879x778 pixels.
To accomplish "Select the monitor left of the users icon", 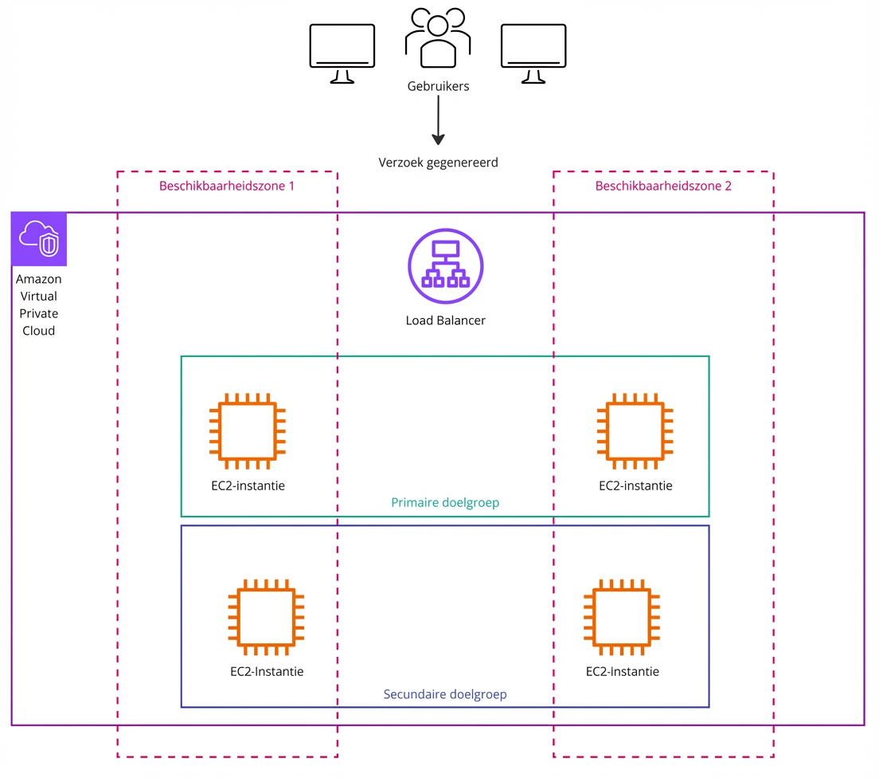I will pos(342,53).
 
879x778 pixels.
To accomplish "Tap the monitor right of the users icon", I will pos(533,53).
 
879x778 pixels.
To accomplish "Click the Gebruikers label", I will pos(437,86).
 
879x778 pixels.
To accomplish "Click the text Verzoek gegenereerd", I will pos(437,163).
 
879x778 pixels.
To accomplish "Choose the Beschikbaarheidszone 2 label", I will pos(663,186).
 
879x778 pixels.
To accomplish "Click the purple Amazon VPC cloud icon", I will pos(39,239).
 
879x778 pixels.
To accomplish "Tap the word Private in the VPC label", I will pos(39,313).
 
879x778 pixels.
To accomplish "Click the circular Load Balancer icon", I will pos(445,266).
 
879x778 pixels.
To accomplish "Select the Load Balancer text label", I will pos(445,320).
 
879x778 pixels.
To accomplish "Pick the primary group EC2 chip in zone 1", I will pos(247,430).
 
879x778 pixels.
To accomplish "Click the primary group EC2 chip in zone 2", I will pos(635,430).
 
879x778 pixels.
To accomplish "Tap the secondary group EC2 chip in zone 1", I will pos(266,617).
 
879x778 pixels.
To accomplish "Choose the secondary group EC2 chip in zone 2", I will pos(622,617).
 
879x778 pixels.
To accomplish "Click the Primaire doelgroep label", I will pos(445,503).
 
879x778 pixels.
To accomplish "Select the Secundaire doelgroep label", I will pos(445,694).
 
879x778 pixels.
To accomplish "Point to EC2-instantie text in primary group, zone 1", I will pos(248,485).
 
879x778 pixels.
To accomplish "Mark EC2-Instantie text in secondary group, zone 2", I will pos(622,671).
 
